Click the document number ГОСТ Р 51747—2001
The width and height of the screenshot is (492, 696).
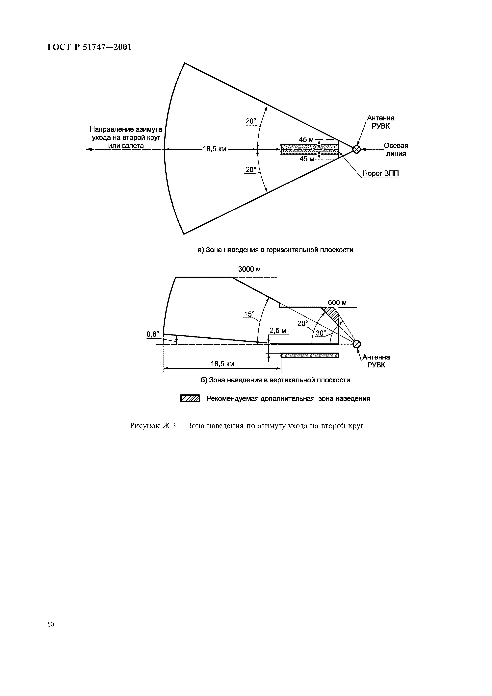point(90,47)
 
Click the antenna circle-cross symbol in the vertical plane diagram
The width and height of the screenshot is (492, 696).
point(357,344)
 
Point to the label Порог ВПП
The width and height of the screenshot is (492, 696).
point(381,174)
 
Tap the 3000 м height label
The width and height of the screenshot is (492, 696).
point(249,269)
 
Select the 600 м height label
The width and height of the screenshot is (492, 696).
point(337,303)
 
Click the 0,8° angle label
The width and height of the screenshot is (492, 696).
point(153,334)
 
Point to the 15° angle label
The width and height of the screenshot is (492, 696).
point(249,314)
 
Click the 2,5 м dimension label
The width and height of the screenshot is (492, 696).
point(278,331)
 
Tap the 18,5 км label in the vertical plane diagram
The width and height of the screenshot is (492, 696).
point(222,364)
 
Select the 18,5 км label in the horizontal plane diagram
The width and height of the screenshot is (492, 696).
point(214,149)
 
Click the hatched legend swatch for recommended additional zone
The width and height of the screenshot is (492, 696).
point(190,398)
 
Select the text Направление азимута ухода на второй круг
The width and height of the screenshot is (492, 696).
point(126,134)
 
